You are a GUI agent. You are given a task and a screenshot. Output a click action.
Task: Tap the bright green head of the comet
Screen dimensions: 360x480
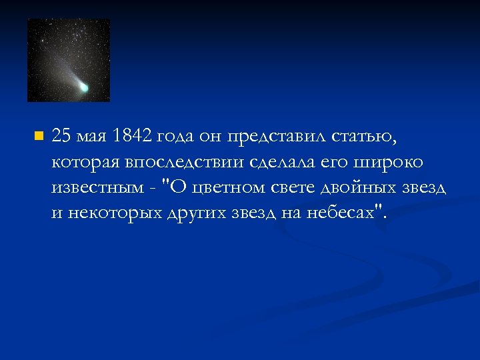(x=84, y=87)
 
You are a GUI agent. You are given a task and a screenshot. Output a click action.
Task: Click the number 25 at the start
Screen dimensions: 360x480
(x=62, y=136)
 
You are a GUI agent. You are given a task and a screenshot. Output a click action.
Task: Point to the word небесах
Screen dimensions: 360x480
(x=338, y=213)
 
